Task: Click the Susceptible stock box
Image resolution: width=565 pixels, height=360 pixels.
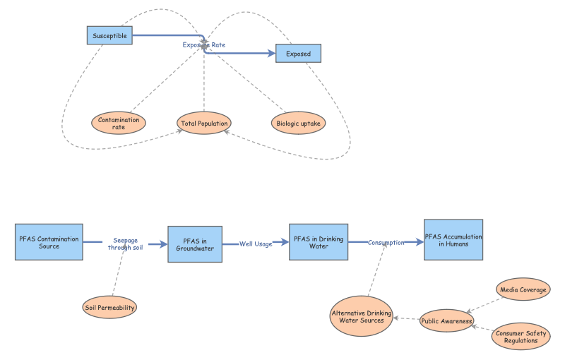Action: pos(109,35)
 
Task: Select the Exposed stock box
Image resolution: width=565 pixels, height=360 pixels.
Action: pos(297,54)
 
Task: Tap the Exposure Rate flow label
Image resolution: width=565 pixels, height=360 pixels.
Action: pos(204,44)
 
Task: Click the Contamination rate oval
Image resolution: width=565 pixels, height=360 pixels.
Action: pos(119,123)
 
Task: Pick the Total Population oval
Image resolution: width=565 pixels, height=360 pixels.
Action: pos(204,124)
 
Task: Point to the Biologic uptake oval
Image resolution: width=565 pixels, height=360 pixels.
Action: pos(297,123)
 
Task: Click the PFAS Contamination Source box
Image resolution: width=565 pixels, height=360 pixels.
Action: pos(49,242)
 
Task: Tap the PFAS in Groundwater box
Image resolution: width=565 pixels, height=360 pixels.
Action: pos(195,244)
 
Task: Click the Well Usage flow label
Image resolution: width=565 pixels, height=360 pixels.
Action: pos(255,244)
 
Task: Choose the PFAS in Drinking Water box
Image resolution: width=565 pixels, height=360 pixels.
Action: pos(319,243)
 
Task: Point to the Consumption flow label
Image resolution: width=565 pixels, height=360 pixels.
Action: pos(386,242)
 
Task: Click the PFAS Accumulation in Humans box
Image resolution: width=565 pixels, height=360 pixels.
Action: pos(453,240)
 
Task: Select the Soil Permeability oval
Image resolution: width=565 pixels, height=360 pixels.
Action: pos(109,307)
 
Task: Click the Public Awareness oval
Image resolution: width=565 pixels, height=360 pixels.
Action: pos(446,321)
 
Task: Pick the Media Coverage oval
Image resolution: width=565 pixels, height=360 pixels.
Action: pos(523,289)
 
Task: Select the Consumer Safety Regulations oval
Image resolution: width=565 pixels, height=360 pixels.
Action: pos(521,337)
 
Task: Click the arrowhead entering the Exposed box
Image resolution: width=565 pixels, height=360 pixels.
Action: pos(270,54)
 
